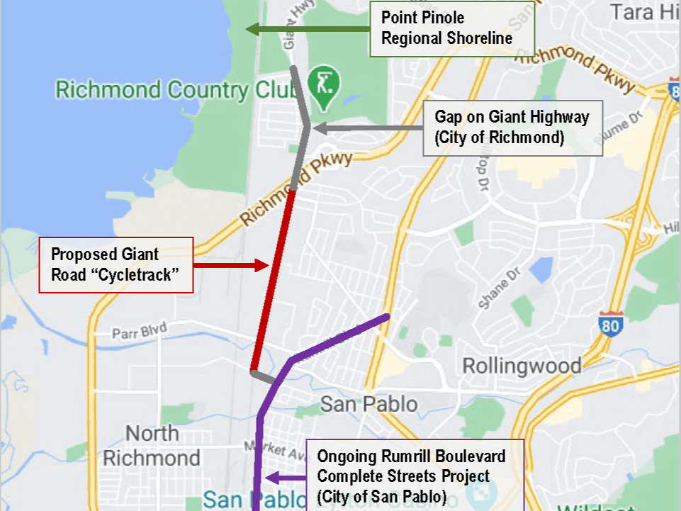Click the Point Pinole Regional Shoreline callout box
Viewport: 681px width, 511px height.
(x=451, y=29)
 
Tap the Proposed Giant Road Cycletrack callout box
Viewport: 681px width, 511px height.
(x=116, y=264)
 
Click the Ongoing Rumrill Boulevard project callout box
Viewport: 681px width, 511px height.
(x=415, y=476)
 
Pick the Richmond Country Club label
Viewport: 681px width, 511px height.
(x=152, y=91)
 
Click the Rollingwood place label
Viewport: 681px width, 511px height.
(x=522, y=366)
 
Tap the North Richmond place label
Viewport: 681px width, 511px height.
(x=152, y=445)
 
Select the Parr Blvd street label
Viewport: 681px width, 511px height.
(x=139, y=331)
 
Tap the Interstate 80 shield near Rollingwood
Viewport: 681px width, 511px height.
(x=609, y=323)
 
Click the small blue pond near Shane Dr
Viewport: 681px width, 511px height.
(x=541, y=270)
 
